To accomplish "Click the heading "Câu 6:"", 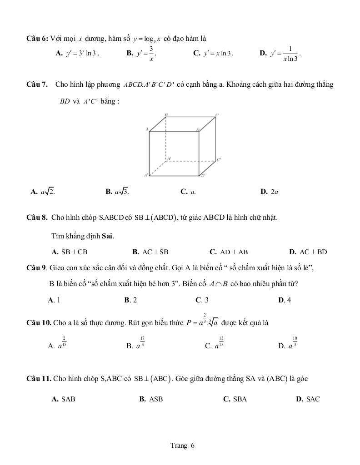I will coord(37,39).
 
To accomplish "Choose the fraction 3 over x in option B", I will coord(151,53).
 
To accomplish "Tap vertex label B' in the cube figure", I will coord(169,159).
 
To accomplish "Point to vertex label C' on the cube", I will coord(219,159).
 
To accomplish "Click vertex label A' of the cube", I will coord(146,175).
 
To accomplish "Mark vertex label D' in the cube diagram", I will coord(203,175).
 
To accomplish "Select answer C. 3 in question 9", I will coord(202,300).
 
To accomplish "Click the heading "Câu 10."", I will coord(39,323).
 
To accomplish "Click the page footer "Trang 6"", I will coord(182,445).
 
